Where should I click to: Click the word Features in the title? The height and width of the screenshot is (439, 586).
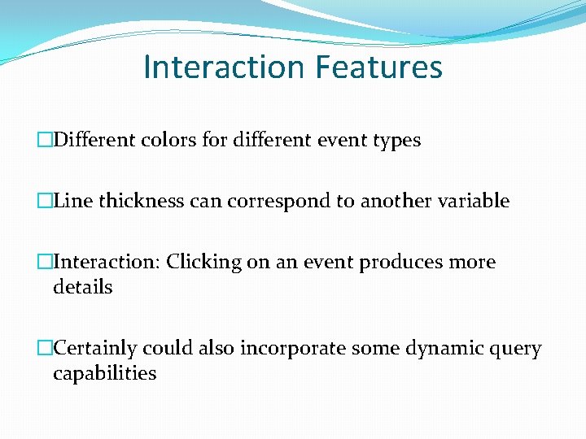point(381,67)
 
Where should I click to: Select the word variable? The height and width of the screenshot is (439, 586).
point(473,201)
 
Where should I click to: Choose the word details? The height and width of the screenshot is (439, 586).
point(82,287)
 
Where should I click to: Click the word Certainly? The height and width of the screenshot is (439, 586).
point(95,349)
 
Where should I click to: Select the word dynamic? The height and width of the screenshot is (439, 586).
point(444,349)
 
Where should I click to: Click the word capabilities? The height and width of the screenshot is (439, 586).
point(104,374)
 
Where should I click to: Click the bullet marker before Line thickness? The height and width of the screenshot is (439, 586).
point(45,201)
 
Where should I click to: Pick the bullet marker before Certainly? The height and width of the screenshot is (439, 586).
point(45,349)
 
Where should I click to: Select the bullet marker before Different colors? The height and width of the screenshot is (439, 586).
point(45,140)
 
